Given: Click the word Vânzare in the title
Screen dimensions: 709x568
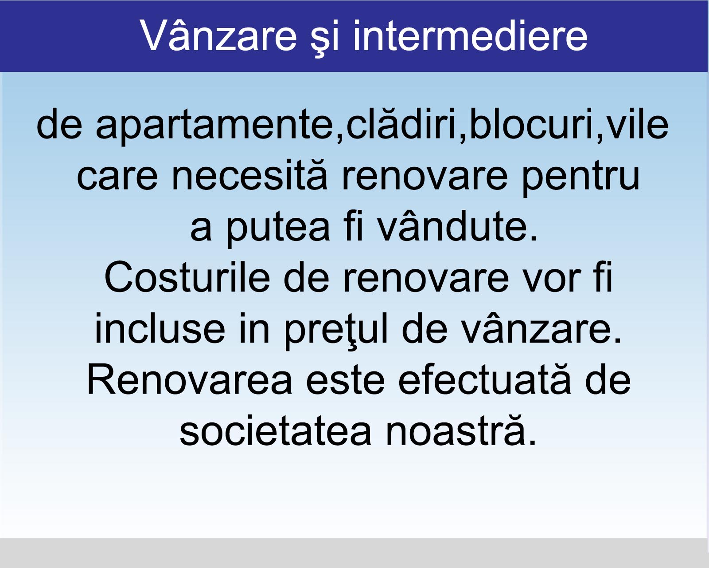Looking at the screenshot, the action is coord(218,35).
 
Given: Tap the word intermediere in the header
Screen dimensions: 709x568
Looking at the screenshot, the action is coord(470,35).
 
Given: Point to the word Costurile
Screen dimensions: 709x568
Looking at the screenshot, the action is coord(187,276).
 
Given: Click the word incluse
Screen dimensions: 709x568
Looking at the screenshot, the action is coord(160,328).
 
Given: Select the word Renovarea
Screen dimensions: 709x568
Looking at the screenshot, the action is coord(190,379).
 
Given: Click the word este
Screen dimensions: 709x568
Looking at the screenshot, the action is coord(345,381).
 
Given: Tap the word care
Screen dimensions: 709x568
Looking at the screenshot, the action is coord(117,178).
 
